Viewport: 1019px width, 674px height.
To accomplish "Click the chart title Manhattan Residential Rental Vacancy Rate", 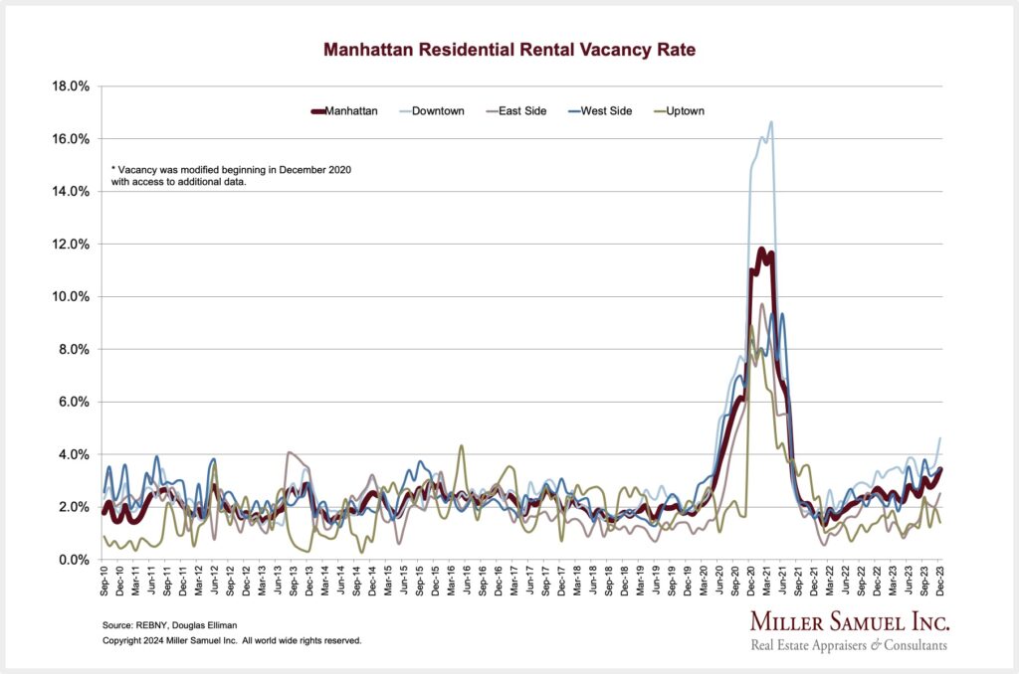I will (x=509, y=48).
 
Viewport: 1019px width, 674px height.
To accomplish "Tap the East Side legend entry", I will (x=522, y=111).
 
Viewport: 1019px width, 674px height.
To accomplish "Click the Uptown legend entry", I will (x=686, y=111).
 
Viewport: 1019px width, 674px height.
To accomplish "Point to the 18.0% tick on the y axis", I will (x=70, y=86).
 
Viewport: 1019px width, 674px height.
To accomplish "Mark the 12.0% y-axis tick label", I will (x=70, y=245).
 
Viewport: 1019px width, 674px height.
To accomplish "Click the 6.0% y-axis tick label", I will (x=73, y=403).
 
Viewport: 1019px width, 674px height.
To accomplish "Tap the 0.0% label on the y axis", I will (x=73, y=560).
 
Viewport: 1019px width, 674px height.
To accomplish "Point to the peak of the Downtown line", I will (x=771, y=122).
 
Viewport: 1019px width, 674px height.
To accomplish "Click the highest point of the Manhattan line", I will (x=761, y=250).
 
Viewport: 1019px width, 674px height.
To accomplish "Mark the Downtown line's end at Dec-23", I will (x=940, y=438).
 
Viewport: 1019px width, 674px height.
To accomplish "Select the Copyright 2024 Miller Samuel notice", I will (x=232, y=641).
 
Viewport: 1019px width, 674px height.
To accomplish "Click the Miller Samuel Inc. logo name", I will (x=849, y=623).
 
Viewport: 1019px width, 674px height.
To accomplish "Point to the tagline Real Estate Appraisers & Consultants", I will (x=849, y=646).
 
